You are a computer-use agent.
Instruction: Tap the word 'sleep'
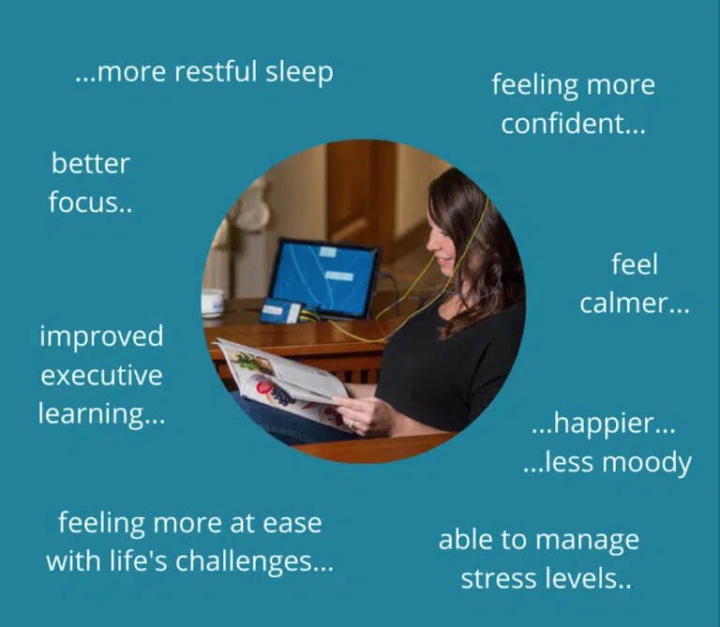pyautogui.click(x=299, y=73)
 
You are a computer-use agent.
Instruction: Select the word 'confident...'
pyautogui.click(x=573, y=123)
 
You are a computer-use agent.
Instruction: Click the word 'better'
pyautogui.click(x=91, y=164)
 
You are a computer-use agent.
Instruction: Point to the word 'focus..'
pyautogui.click(x=90, y=202)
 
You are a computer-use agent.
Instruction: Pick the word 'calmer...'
pyautogui.click(x=634, y=303)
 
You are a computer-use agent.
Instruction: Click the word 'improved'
pyautogui.click(x=101, y=336)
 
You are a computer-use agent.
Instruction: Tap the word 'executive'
pyautogui.click(x=101, y=376)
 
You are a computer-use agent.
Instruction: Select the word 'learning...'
pyautogui.click(x=101, y=414)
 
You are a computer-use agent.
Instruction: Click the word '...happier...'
pyautogui.click(x=603, y=424)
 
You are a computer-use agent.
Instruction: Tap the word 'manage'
pyautogui.click(x=590, y=540)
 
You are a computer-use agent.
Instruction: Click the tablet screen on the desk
pyautogui.click(x=323, y=278)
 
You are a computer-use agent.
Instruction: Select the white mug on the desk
pyautogui.click(x=213, y=303)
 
